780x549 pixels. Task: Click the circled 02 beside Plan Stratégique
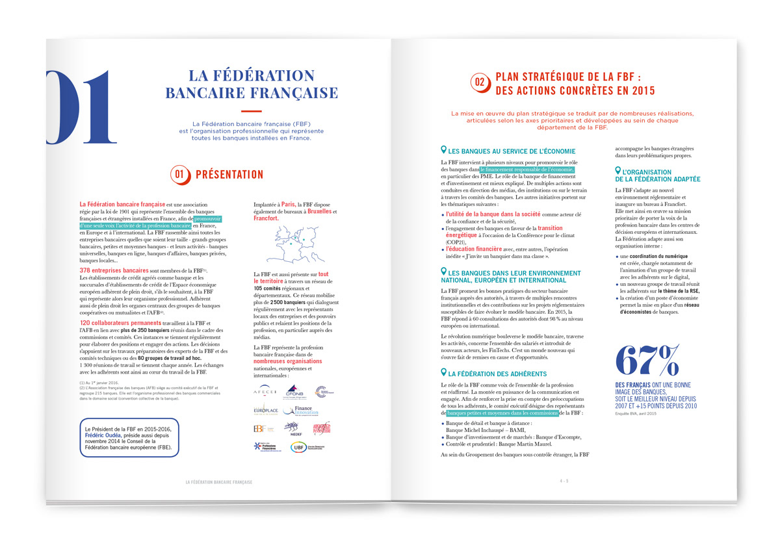(480, 82)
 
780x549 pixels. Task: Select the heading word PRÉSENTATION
(229, 174)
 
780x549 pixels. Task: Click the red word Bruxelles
(318, 212)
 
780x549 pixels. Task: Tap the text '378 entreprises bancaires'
(113, 270)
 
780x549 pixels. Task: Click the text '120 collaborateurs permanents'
(118, 322)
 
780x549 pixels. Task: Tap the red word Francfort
(266, 219)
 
